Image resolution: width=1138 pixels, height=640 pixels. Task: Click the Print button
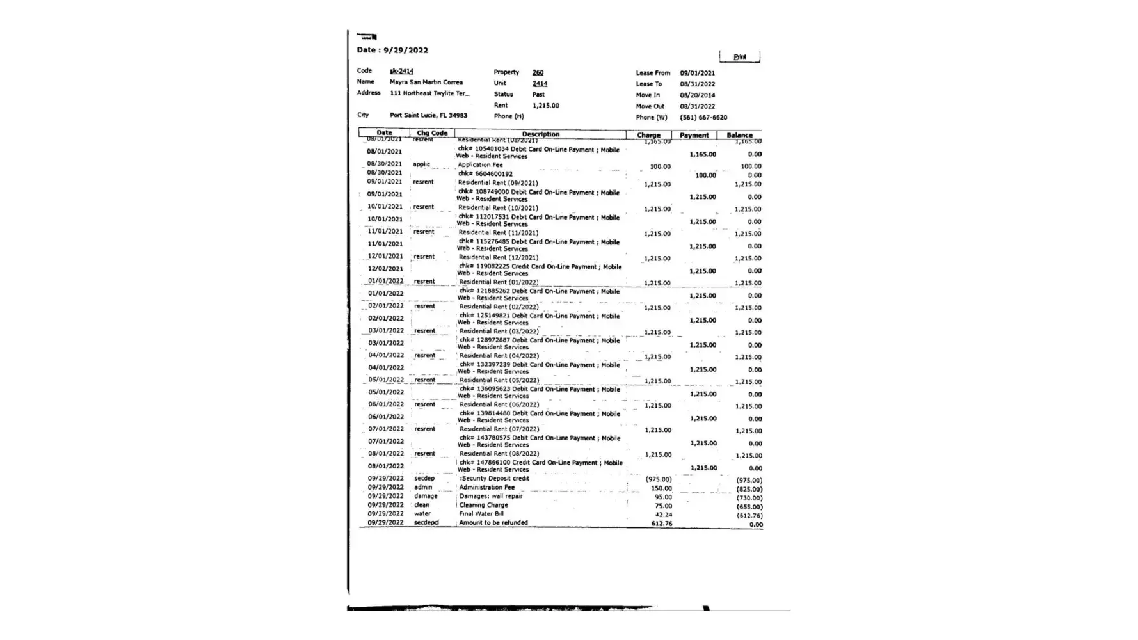739,57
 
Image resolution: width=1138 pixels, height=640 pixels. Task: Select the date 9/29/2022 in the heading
406,50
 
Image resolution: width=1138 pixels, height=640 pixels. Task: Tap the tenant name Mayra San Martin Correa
426,82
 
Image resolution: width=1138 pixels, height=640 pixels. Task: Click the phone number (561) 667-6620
703,118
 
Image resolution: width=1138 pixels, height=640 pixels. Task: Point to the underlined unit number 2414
540,83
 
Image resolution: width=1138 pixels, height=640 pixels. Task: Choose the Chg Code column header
432,133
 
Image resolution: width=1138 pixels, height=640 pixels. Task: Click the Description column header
540,134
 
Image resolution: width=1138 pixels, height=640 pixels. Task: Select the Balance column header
739,135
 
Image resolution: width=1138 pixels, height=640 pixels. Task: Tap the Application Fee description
480,165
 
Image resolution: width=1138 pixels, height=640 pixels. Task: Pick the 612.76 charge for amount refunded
661,524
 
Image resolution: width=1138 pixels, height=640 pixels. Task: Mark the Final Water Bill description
481,514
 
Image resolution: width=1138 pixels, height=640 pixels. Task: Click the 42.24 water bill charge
663,515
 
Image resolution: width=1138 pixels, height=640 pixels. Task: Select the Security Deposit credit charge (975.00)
658,479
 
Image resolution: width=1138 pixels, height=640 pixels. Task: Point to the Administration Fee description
486,488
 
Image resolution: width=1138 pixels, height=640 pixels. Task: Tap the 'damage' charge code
426,496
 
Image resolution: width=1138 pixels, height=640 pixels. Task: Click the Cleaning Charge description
483,505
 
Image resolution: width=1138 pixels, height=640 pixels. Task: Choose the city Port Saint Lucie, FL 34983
428,116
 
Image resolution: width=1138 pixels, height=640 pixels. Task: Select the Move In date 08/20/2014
697,95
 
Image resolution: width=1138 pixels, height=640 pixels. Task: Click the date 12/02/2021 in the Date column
385,269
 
